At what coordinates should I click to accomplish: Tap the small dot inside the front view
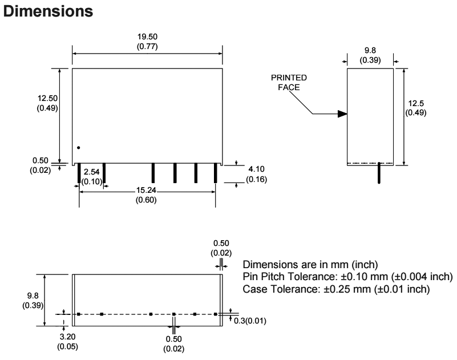pyautogui.click(x=79, y=148)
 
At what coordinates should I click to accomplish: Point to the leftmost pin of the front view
pyautogui.click(x=79, y=173)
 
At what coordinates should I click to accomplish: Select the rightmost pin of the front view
pyautogui.click(x=216, y=173)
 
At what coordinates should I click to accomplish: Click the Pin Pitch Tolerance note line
pyautogui.click(x=348, y=277)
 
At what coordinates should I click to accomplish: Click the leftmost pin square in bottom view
pyautogui.click(x=79, y=314)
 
